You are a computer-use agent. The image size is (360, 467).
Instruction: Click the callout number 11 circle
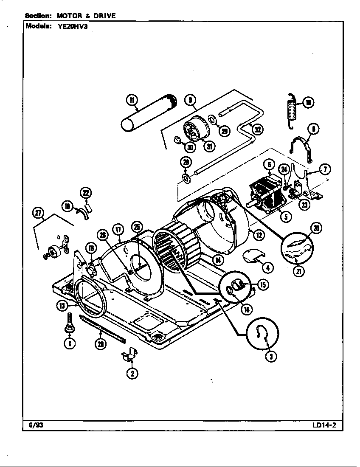(x=132, y=100)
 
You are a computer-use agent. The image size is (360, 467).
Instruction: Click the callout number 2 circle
(x=132, y=373)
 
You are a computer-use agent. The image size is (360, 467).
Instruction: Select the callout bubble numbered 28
(x=101, y=344)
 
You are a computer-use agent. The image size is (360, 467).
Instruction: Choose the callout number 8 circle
(x=314, y=129)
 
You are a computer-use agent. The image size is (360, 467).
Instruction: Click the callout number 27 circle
(x=39, y=213)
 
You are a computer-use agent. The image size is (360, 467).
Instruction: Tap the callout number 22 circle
(x=86, y=193)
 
